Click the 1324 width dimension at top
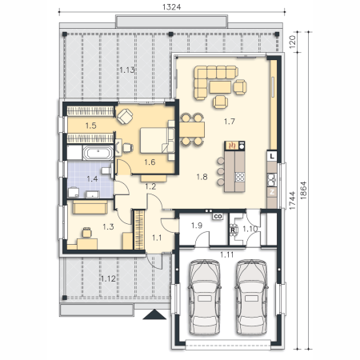(171, 7)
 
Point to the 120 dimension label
(292, 42)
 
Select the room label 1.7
(230, 122)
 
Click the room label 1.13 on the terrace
(126, 70)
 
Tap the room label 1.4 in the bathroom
(92, 178)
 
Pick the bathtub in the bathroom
(98, 153)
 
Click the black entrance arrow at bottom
(154, 314)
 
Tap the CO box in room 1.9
(218, 217)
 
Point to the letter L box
(272, 156)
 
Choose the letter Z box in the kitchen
(272, 192)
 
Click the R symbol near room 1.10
(233, 230)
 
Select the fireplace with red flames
(232, 146)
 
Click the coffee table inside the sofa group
(220, 87)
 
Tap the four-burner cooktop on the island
(239, 177)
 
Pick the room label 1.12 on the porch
(108, 279)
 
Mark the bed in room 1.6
(158, 141)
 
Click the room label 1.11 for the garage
(226, 254)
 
